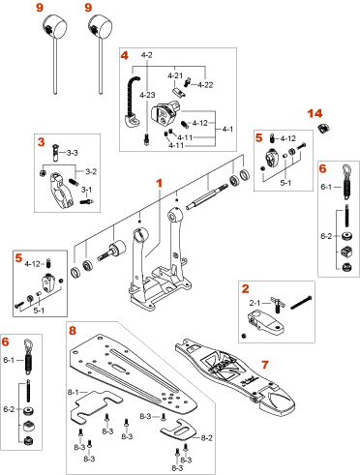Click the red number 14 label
tap(315, 113)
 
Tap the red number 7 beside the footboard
tap(265, 365)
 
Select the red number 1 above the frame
tap(159, 183)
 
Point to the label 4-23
tap(147, 95)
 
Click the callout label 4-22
tap(205, 85)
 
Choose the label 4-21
tap(175, 75)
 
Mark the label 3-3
tap(73, 153)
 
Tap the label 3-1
tap(86, 190)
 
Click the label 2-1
tap(255, 303)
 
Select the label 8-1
tap(74, 392)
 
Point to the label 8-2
tap(207, 437)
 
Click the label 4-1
tap(227, 129)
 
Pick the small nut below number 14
tap(323, 129)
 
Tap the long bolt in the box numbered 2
tap(301, 303)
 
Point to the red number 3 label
tap(41, 142)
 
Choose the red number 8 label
tap(73, 330)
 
